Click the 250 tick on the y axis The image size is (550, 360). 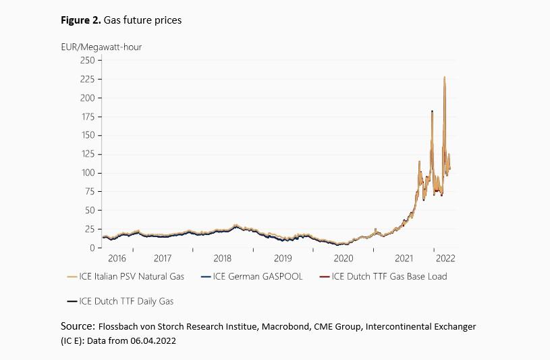click(x=87, y=60)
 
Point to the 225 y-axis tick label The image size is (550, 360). click(x=87, y=79)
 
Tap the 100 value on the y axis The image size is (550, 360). click(x=87, y=173)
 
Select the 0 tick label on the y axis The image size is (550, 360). click(x=91, y=248)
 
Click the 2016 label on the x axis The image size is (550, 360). click(x=117, y=258)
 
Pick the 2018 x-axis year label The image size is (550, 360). click(x=223, y=258)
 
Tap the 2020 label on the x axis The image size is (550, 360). click(x=343, y=258)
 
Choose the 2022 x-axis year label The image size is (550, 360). click(x=446, y=258)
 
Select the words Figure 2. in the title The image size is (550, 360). click(x=81, y=20)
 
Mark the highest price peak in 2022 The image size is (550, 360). click(x=444, y=78)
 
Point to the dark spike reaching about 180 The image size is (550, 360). click(x=432, y=111)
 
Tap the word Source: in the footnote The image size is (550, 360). click(x=76, y=326)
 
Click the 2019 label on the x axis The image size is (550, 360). click(x=283, y=258)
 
